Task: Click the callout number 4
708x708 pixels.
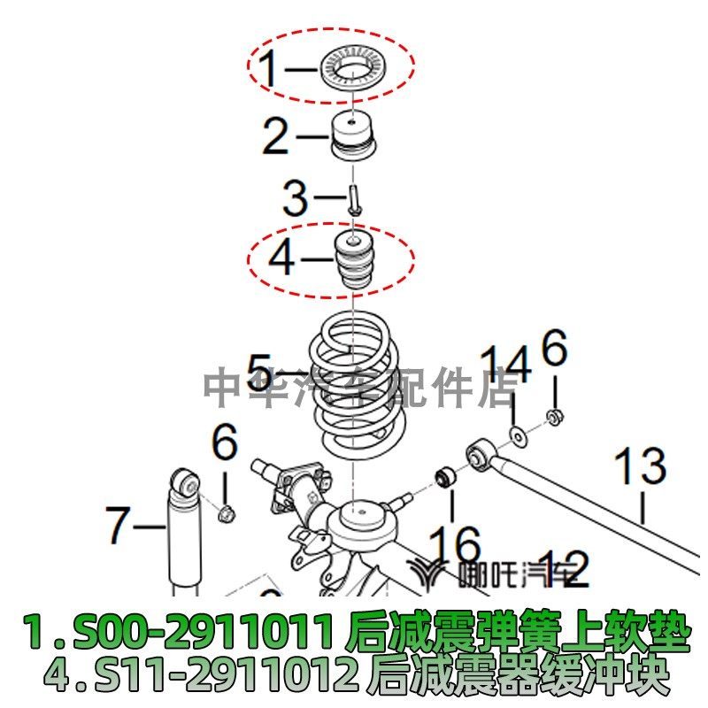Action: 281,259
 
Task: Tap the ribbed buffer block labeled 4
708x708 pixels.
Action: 353,263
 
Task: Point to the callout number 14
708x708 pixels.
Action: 506,365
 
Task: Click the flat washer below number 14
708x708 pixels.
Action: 515,435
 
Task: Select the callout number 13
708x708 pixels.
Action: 639,467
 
